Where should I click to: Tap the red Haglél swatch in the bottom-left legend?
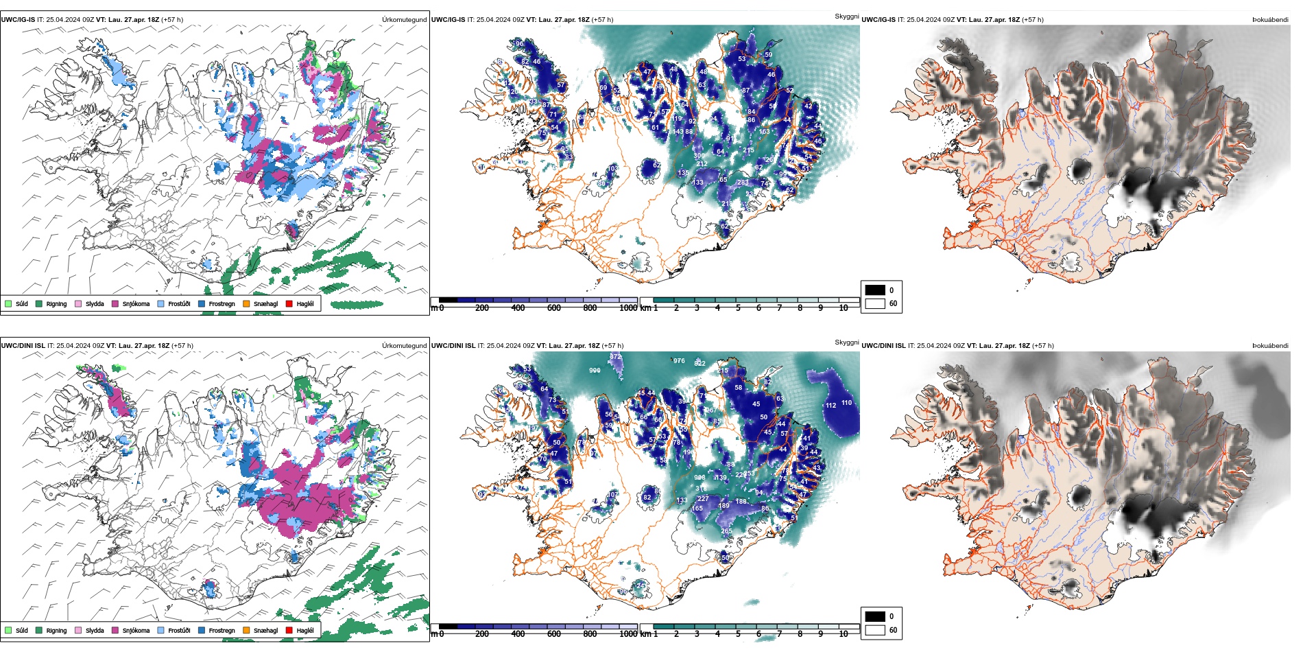(289, 630)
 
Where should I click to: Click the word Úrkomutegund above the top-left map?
(404, 20)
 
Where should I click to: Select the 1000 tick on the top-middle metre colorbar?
(628, 308)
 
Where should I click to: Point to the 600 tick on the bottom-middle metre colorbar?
(554, 634)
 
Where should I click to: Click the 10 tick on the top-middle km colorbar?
(844, 308)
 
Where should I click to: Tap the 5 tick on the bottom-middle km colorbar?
(738, 634)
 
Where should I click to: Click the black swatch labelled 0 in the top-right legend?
(875, 290)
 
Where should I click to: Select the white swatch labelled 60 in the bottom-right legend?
(875, 630)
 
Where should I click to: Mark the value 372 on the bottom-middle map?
(615, 357)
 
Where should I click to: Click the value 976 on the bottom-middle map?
(679, 361)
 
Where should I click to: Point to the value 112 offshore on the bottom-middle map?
(830, 406)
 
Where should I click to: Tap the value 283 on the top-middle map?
(743, 183)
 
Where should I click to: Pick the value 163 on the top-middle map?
(764, 132)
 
